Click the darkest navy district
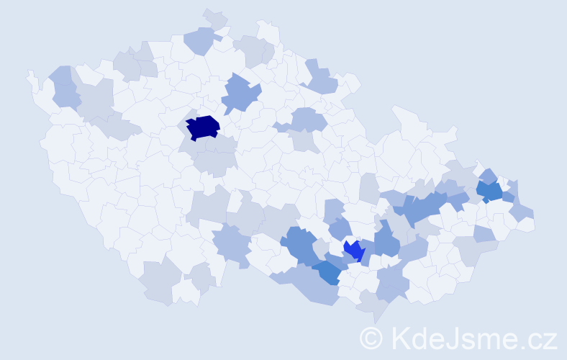pos(203,127)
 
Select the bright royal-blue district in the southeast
pos(353,251)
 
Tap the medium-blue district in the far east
pos(490,191)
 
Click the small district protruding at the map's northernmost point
pos(215,19)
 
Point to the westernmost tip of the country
pos(29,73)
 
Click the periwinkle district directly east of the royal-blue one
pos(386,240)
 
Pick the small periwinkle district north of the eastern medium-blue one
pos(488,175)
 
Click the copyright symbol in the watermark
pos(371,337)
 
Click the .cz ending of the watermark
pos(540,338)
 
